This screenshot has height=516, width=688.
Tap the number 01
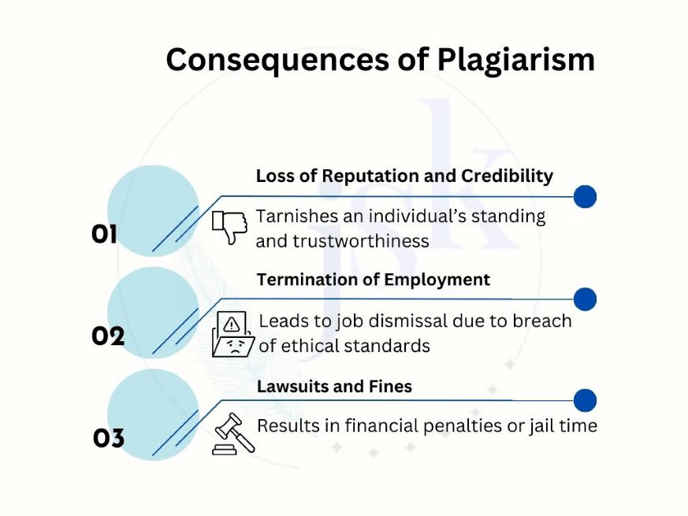tap(104, 234)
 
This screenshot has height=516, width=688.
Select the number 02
tap(108, 336)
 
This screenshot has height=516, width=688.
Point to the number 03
tap(109, 438)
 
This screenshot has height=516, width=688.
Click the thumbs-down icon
tap(230, 227)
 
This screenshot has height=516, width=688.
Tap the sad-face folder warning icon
tap(233, 335)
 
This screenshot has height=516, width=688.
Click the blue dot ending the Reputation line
tap(585, 197)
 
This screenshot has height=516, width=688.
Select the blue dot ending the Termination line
tap(585, 299)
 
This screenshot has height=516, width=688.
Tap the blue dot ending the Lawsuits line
tap(585, 401)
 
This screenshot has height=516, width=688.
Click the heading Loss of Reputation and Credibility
tap(404, 176)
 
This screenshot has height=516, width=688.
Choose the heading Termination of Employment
tap(374, 280)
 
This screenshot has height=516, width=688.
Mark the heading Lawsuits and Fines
tap(334, 387)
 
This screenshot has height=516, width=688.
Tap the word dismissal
tap(426, 321)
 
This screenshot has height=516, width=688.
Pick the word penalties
tap(458, 426)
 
